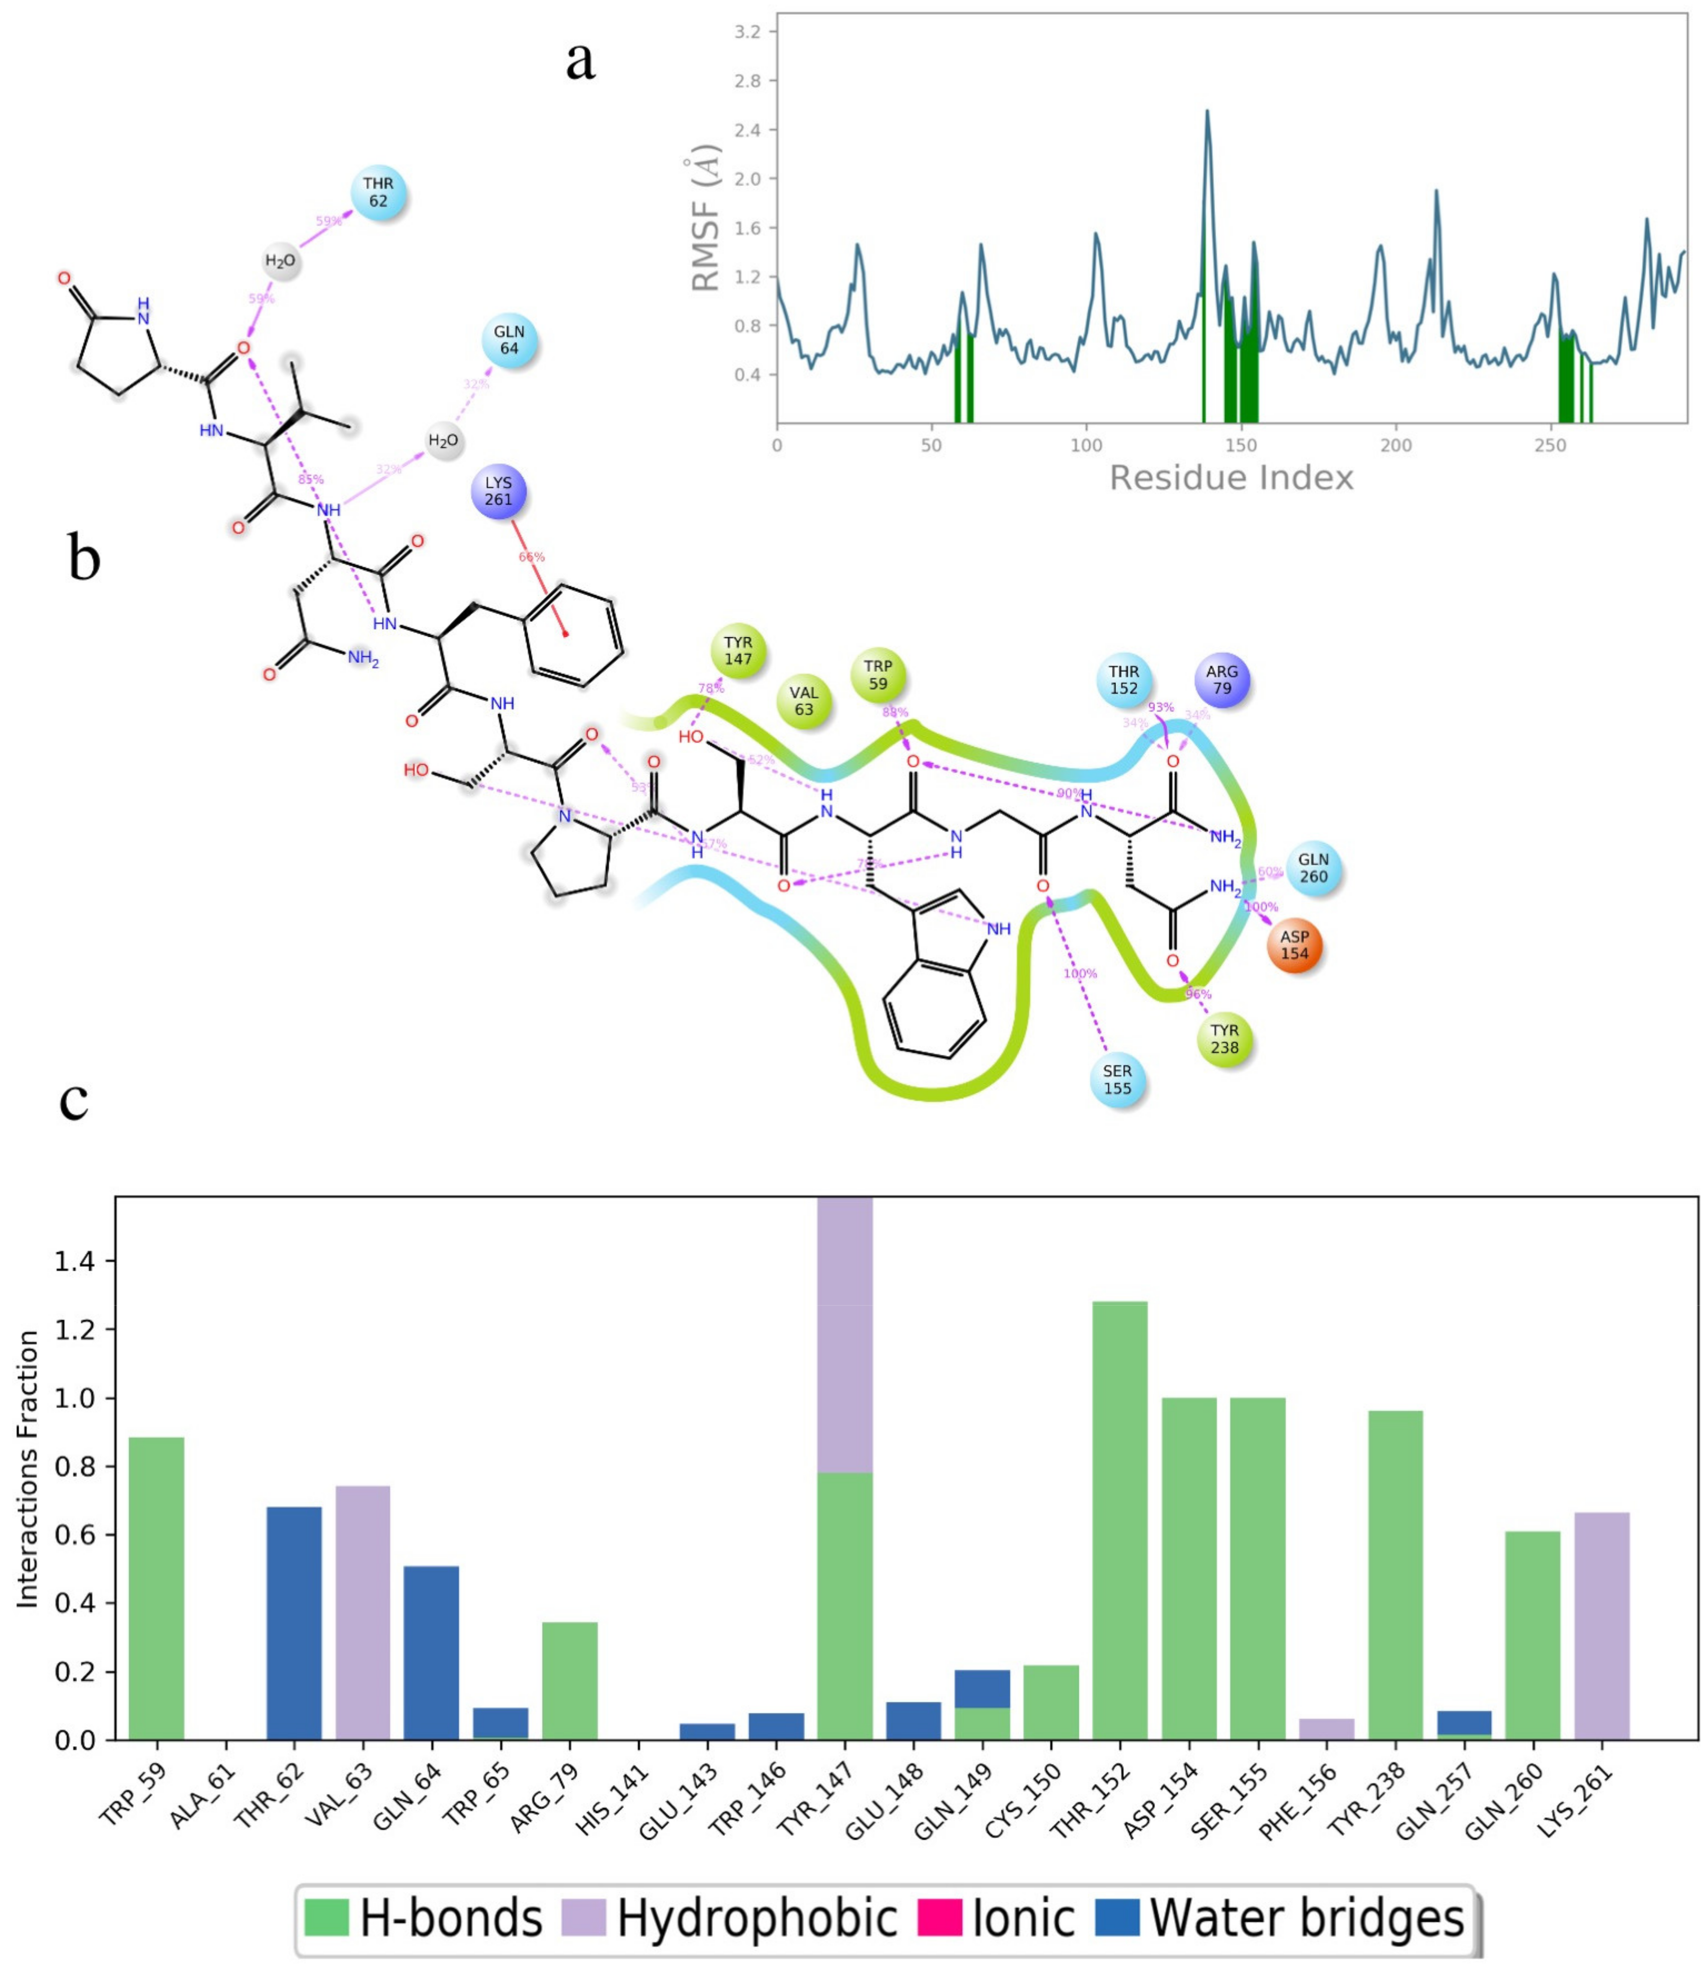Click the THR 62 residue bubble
click(x=378, y=192)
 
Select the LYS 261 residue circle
click(x=498, y=492)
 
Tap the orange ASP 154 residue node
click(x=1294, y=945)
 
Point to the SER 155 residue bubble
click(x=1117, y=1079)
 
